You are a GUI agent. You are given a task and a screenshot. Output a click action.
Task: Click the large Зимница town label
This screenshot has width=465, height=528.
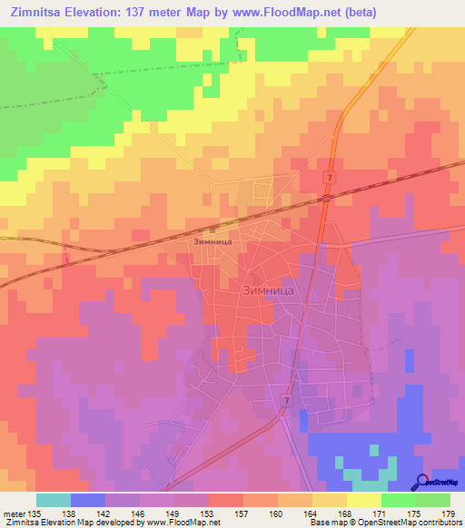(x=270, y=291)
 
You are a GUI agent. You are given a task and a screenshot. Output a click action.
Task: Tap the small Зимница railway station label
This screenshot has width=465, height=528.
(x=214, y=242)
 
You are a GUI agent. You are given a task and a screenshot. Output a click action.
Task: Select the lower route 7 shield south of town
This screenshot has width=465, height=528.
(x=286, y=400)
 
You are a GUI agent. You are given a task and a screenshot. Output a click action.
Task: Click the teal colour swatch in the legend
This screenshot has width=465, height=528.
(x=54, y=500)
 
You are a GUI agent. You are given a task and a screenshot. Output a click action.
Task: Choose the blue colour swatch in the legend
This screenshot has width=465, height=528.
(x=88, y=500)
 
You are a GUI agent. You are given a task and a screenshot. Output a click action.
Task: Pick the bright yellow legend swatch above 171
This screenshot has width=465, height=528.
(x=364, y=500)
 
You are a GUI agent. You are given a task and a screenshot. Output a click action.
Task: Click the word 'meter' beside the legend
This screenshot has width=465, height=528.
(x=14, y=513)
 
